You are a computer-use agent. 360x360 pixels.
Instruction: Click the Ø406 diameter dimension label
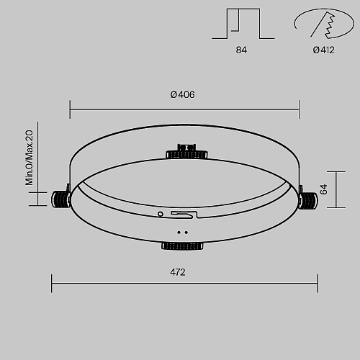[x=182, y=94]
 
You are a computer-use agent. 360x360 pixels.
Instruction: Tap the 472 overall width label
[x=178, y=272]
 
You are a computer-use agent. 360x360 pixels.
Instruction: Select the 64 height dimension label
[x=324, y=189]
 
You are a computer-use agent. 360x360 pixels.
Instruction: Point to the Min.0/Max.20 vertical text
[x=29, y=158]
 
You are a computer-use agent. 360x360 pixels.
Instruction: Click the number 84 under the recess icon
[x=241, y=50]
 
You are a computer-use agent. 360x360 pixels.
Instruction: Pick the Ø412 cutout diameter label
[x=323, y=50]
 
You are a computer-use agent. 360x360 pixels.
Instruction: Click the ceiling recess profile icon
[x=243, y=24]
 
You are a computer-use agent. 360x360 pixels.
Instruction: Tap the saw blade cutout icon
[x=324, y=24]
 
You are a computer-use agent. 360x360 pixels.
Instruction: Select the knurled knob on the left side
[x=60, y=199]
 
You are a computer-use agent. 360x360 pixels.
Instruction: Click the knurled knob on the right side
[x=308, y=200]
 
